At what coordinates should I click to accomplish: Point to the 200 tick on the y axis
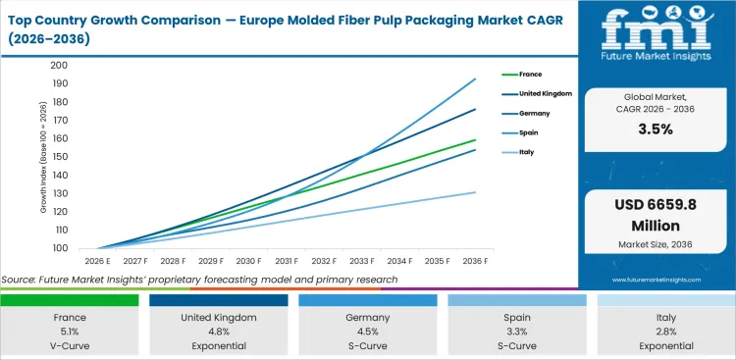click(x=59, y=66)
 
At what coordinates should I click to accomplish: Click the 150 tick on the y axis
click(x=59, y=157)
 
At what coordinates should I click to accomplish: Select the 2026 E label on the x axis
click(x=96, y=262)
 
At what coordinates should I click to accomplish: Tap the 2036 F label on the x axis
click(x=475, y=262)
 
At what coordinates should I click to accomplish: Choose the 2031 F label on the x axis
click(x=286, y=262)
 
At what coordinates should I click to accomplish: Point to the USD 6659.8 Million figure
click(x=657, y=217)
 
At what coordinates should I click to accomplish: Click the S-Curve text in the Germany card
click(x=368, y=345)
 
